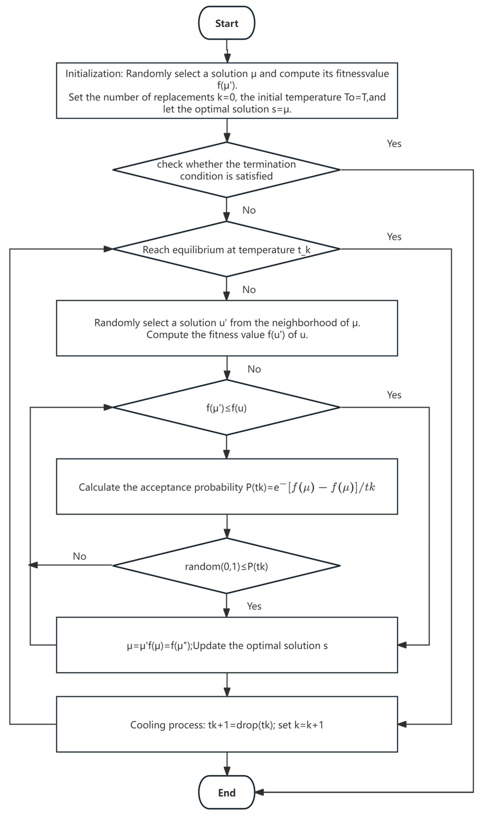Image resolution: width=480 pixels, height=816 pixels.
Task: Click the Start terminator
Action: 226,23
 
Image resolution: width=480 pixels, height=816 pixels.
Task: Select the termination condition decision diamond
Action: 226,170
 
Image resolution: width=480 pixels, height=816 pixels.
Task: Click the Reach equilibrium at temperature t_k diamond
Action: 226,249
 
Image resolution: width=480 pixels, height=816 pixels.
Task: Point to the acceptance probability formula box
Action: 226,486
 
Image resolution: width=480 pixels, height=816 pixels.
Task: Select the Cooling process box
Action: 226,724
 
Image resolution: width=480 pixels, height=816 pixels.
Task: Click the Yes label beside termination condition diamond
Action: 394,143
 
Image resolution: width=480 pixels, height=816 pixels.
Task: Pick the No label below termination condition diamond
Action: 249,210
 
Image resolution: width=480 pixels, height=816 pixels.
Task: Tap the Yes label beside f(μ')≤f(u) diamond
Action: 394,395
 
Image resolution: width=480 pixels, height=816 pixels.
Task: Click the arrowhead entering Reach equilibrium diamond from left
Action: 108,249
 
